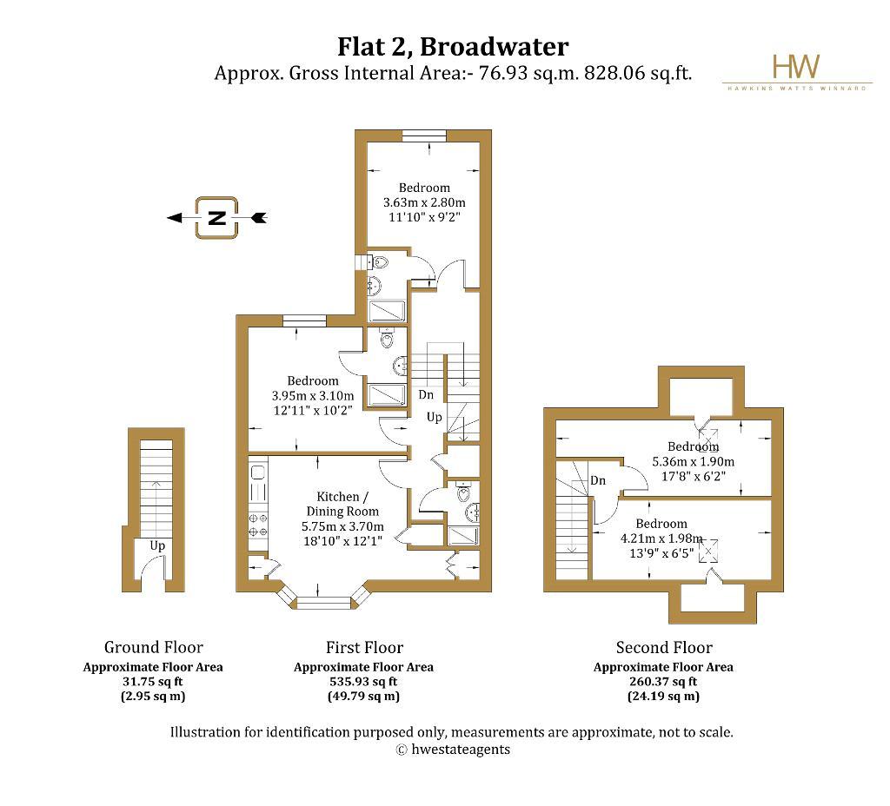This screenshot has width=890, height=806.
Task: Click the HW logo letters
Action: point(796,67)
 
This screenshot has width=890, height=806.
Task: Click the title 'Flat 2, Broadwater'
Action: point(453,45)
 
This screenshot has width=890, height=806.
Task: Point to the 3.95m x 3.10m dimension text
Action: point(314,396)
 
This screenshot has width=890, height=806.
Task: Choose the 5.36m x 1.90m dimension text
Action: point(693,461)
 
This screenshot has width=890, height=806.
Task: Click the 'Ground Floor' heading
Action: point(153,647)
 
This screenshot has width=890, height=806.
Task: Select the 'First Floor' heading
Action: point(364,647)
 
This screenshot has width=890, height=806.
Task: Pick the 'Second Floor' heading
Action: point(663,647)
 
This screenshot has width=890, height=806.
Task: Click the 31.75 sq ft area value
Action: point(153,682)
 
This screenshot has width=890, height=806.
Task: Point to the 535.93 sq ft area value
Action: point(364,682)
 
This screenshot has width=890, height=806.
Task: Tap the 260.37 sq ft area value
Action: point(663,682)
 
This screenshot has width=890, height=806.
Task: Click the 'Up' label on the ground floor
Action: point(157,545)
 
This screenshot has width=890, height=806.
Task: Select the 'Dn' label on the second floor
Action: point(598,480)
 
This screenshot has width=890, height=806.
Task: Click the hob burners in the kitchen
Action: point(258,524)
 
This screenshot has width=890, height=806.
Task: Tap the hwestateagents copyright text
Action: point(453,749)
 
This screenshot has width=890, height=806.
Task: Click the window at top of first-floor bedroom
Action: point(423,135)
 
